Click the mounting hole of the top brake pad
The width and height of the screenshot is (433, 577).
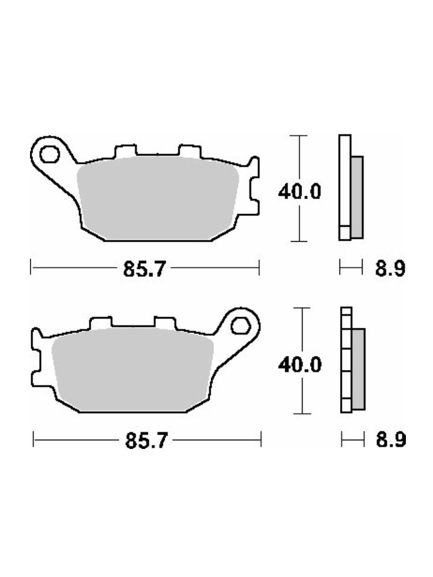49,154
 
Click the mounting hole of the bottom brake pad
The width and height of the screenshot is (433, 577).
241,325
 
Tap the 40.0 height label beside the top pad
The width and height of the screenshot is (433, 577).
299,192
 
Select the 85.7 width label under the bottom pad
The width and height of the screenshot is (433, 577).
147,440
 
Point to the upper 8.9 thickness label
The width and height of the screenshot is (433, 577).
390,269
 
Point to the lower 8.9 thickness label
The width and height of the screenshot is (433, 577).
391,440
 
